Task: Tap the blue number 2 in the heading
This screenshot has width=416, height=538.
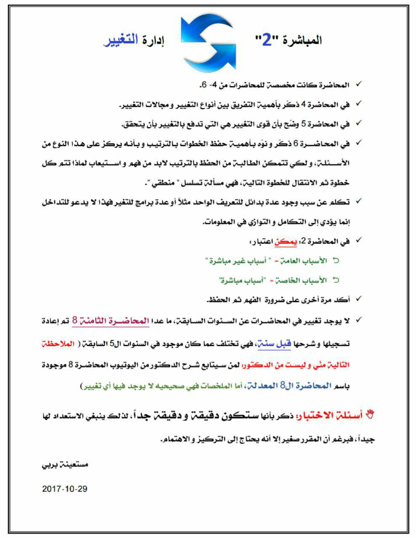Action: pos(267,41)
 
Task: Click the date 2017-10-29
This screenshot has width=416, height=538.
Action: pos(65,489)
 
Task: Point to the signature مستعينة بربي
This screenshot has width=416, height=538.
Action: pos(65,466)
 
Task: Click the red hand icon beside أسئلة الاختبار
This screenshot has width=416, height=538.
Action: pos(370,414)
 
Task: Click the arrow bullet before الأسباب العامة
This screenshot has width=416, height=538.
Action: pos(336,261)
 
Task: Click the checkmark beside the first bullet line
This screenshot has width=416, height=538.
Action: pos(358,85)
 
